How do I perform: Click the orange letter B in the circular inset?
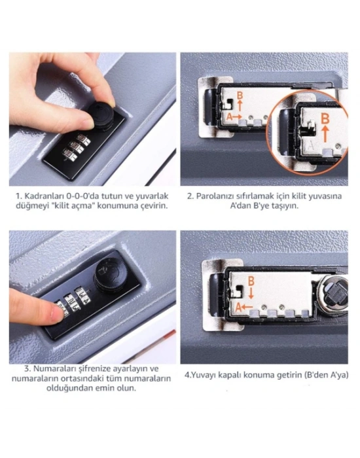pos(325,119)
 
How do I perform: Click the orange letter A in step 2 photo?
pos(230,117)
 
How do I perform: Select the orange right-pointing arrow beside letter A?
pos(238,116)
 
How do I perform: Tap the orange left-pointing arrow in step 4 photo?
pos(247,307)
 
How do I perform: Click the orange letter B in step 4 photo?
pos(251,281)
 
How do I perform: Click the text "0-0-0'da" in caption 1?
pos(82,196)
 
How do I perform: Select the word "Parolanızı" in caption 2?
pos(210,196)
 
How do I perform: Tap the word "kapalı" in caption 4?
pos(232,375)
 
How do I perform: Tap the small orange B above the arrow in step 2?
pos(240,96)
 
